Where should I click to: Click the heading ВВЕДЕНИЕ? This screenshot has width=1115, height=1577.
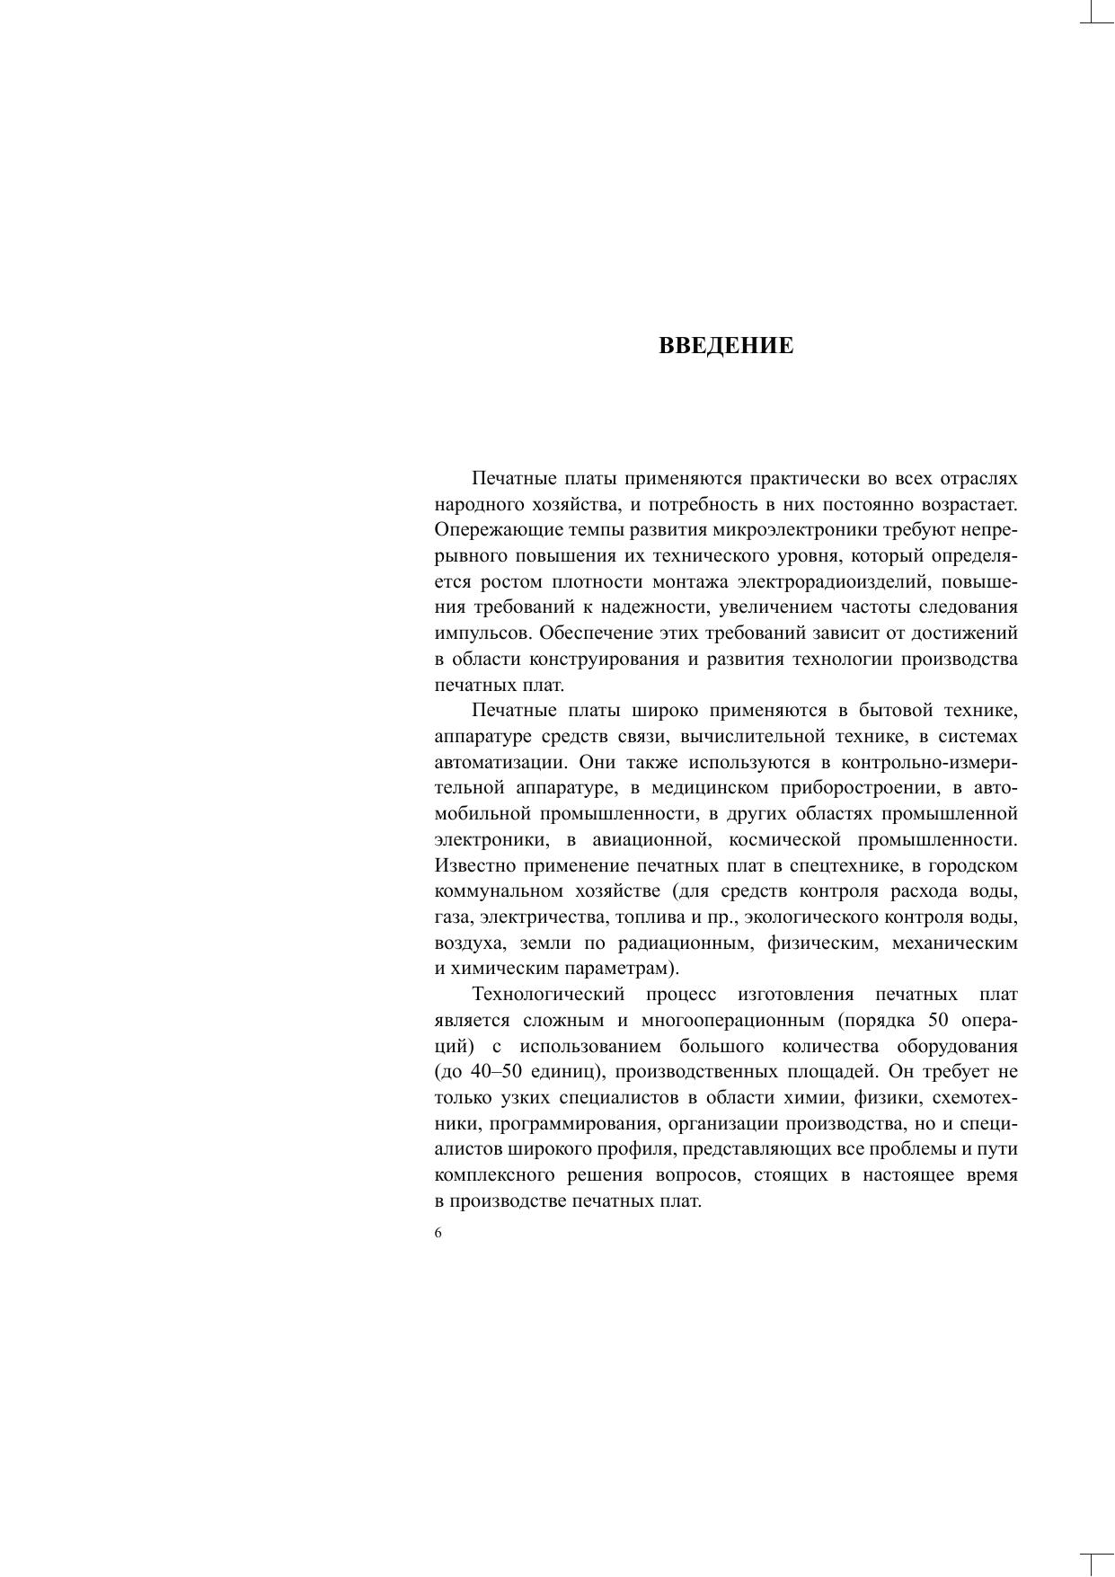(726, 347)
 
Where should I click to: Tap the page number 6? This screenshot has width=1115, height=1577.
(438, 1233)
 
